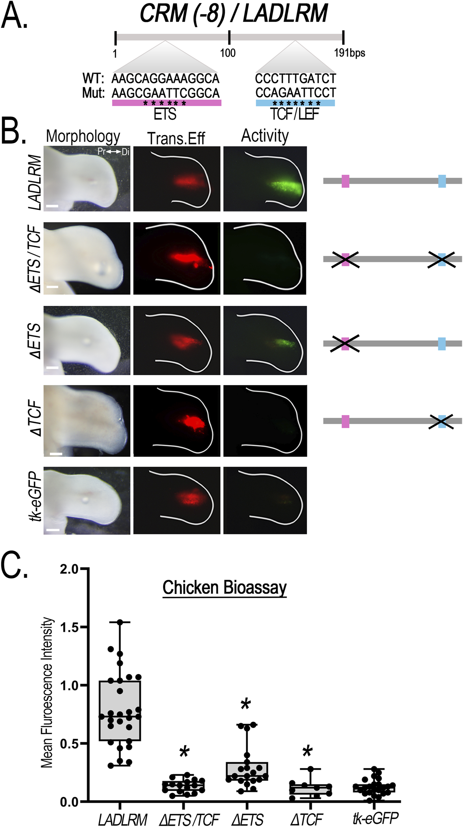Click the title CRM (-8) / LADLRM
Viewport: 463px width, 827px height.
(233, 14)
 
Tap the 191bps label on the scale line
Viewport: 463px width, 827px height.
(349, 53)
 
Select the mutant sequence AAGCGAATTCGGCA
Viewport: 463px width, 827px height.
(165, 93)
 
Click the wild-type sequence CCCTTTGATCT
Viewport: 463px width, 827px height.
(295, 78)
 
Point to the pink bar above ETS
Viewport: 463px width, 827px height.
(166, 103)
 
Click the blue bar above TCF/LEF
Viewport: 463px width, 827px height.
(295, 103)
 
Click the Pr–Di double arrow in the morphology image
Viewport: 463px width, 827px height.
(113, 152)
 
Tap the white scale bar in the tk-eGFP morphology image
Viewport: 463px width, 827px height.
(52, 529)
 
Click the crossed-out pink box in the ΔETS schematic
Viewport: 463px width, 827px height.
(345, 344)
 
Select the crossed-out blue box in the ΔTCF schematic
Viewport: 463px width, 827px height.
(441, 421)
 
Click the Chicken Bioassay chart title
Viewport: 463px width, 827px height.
(224, 588)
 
